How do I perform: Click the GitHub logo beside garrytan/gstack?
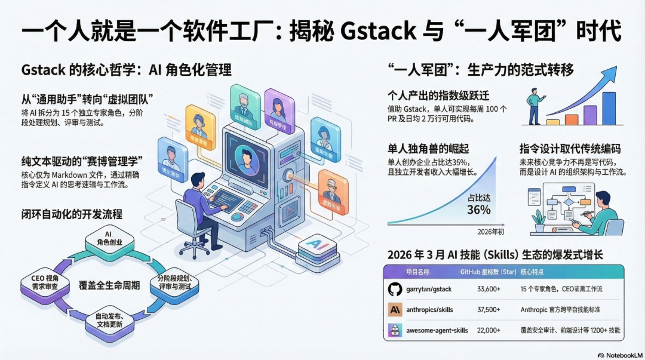395,290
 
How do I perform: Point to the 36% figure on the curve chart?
479,210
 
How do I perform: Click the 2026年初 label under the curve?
491,232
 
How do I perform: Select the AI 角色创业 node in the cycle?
108,238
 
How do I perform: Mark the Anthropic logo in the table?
395,309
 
